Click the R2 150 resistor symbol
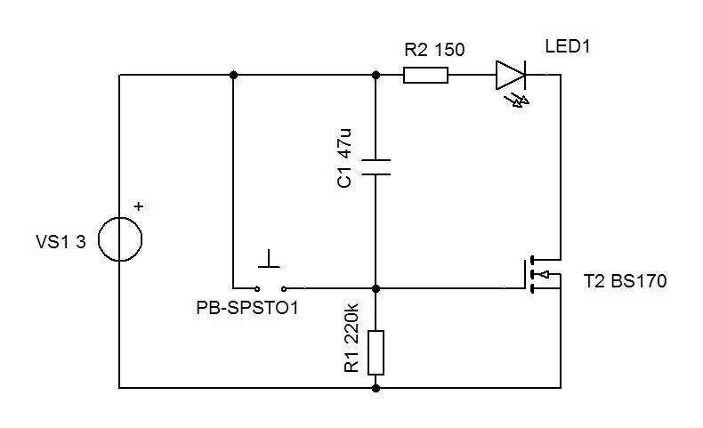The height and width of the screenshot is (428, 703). coord(425,76)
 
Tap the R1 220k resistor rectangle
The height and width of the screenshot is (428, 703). coord(376,352)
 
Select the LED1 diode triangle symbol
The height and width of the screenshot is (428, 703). coord(511,75)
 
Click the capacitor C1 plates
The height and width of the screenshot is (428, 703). coord(376,166)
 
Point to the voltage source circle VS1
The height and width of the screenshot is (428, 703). coord(120,238)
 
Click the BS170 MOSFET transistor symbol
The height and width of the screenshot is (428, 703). coord(542,274)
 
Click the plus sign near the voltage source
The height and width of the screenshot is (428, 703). coord(139,206)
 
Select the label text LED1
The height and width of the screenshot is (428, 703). coord(567,46)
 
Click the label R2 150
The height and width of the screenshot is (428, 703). coord(434,49)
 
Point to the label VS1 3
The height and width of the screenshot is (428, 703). coord(61,242)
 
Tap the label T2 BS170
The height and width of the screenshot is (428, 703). coord(625,281)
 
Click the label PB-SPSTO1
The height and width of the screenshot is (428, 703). coord(247,308)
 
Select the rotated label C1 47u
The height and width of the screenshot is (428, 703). coord(343,158)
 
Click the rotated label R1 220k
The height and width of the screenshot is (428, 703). coord(351,338)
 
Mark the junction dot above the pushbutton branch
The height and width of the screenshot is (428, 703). coord(233,75)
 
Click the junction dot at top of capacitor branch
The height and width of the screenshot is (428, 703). coord(376,75)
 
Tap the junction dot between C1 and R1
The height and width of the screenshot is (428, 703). coord(376,288)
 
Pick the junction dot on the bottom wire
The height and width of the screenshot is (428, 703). coord(376,388)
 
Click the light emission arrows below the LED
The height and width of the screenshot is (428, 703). coord(517,101)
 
